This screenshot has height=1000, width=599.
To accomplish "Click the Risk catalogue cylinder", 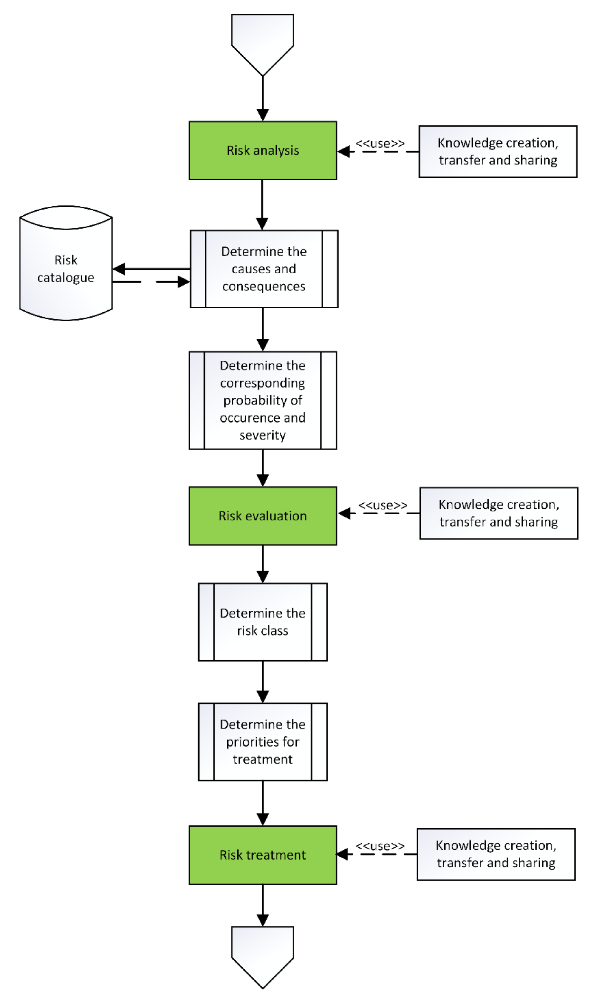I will point(66,268).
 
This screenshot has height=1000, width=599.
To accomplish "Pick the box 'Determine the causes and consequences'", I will point(264,269).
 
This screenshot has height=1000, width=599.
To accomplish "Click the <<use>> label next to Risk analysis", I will point(380,143).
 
